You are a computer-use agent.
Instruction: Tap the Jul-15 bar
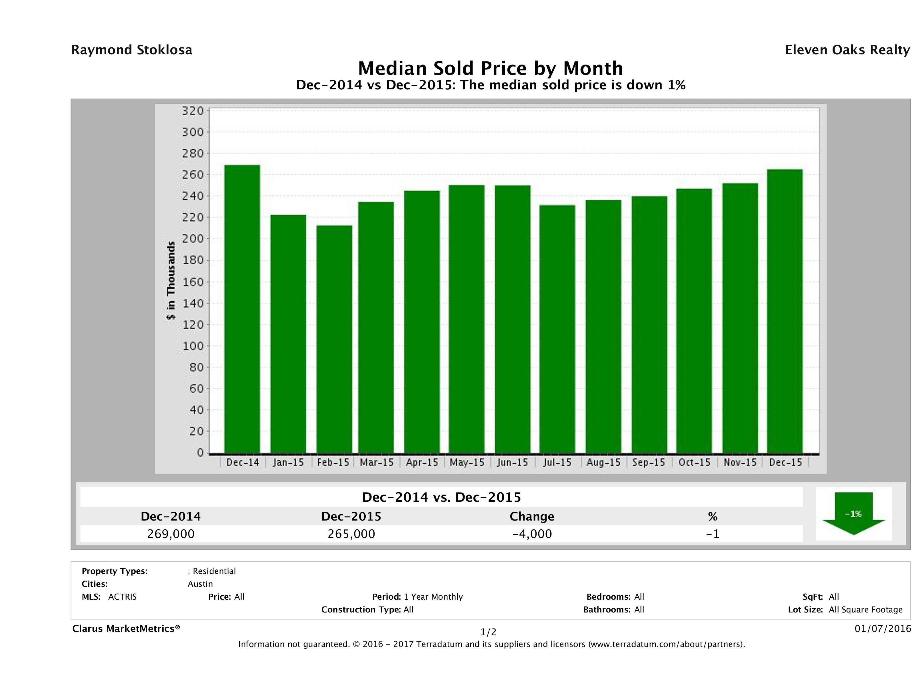(557, 329)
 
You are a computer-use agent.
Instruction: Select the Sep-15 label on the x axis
(649, 462)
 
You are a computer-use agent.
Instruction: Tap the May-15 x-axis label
(467, 462)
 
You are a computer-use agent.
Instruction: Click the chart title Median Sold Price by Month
(491, 68)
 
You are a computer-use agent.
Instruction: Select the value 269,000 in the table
(171, 534)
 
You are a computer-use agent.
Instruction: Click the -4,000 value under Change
(532, 534)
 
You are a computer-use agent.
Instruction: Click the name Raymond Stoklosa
(132, 50)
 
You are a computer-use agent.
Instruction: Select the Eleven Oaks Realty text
(847, 50)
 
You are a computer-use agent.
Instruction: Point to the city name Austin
(200, 584)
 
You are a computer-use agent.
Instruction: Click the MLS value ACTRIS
(122, 596)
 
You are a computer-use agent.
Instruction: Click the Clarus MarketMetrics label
(126, 628)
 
